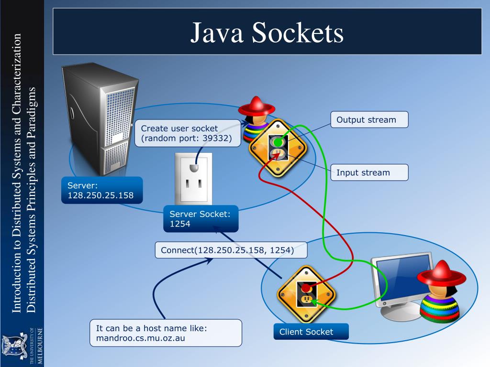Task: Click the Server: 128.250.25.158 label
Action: [102, 190]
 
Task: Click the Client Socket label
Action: [311, 332]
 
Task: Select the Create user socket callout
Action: [187, 133]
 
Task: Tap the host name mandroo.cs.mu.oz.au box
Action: [166, 333]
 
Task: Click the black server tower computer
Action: [96, 119]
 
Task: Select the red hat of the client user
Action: [441, 274]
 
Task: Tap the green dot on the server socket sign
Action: [278, 142]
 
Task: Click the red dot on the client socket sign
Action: [305, 289]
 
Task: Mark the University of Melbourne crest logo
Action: [11, 344]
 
